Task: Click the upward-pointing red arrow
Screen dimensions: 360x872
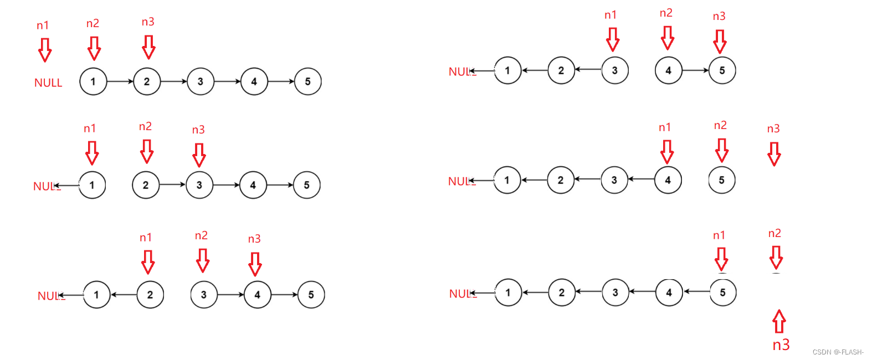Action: (779, 321)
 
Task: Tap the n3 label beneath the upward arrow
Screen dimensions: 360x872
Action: (781, 345)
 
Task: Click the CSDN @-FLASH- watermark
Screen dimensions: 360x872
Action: (838, 352)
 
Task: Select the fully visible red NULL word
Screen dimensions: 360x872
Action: (48, 83)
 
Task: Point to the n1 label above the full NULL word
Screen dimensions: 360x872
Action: (43, 25)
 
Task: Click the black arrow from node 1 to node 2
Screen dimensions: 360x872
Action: (120, 81)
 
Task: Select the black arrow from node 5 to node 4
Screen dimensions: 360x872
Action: (696, 291)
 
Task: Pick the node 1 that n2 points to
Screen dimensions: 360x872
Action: (93, 81)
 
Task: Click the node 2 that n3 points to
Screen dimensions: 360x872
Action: (147, 81)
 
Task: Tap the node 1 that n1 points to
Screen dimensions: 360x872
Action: (92, 185)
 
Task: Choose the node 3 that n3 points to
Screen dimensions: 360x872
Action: (199, 185)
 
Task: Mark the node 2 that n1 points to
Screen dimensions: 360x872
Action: (150, 295)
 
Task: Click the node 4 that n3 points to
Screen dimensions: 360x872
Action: (257, 295)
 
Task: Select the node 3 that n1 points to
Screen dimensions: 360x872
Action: (614, 70)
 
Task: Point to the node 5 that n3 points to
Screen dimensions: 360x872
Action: (722, 70)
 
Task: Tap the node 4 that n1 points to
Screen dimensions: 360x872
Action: (668, 180)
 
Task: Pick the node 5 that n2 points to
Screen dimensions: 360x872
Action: (721, 180)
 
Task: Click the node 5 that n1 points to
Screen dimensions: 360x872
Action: (722, 292)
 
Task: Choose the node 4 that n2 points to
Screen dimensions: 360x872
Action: (668, 70)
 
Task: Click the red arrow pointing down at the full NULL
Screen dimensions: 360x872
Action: (45, 50)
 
